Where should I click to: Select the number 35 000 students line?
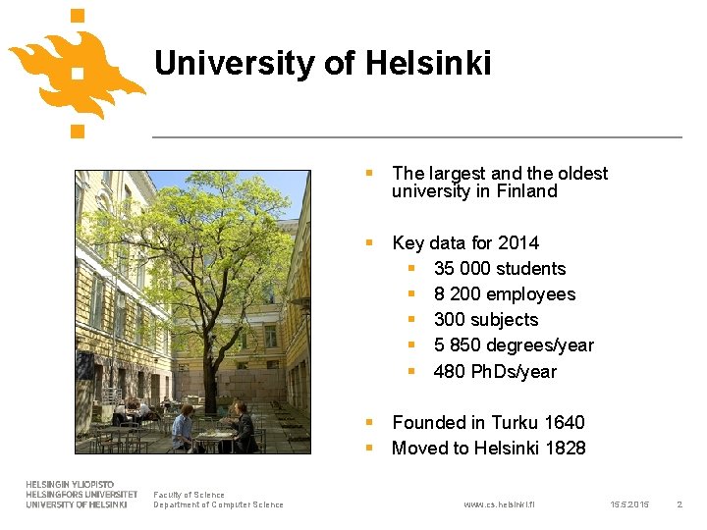[x=499, y=268]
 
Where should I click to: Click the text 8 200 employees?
[x=504, y=293]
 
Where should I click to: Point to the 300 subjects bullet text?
[x=485, y=319]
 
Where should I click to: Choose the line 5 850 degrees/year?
[x=513, y=344]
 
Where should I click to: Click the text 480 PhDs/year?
[x=494, y=371]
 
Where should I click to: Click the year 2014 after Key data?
[x=517, y=242]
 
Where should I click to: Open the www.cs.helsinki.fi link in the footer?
[x=499, y=504]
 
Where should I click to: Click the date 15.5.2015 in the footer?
[x=629, y=504]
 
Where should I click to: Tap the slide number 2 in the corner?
[x=679, y=504]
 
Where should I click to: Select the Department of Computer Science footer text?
[x=218, y=504]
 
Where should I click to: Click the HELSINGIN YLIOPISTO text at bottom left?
[x=70, y=485]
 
